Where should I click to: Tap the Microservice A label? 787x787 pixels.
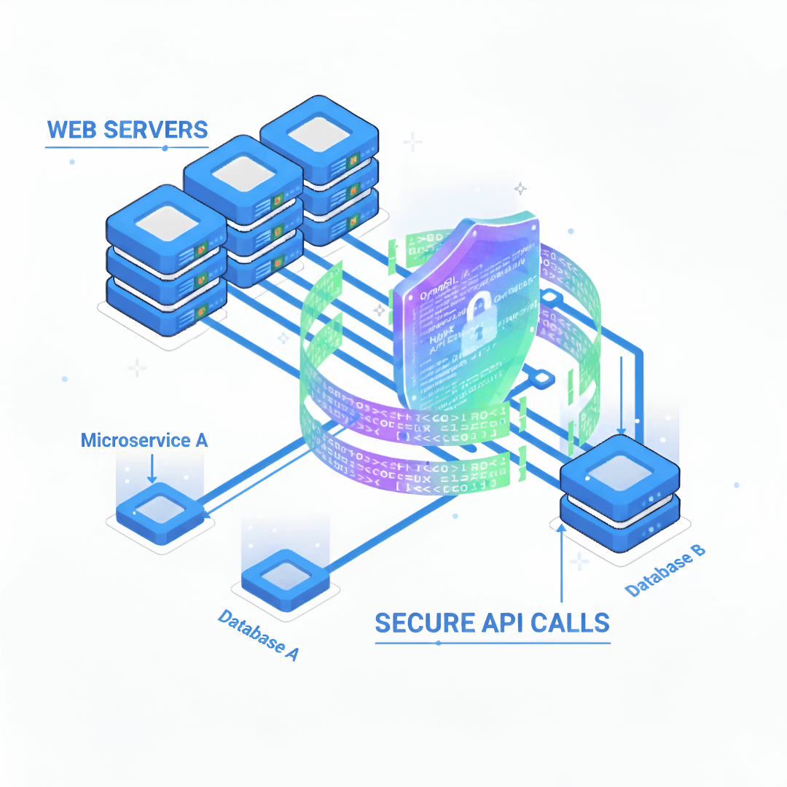(x=144, y=440)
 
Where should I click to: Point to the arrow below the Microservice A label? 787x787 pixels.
(x=152, y=468)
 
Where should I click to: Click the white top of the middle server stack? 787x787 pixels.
(x=243, y=177)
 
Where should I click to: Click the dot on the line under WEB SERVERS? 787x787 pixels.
(x=165, y=148)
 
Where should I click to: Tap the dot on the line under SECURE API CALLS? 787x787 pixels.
(x=437, y=643)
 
